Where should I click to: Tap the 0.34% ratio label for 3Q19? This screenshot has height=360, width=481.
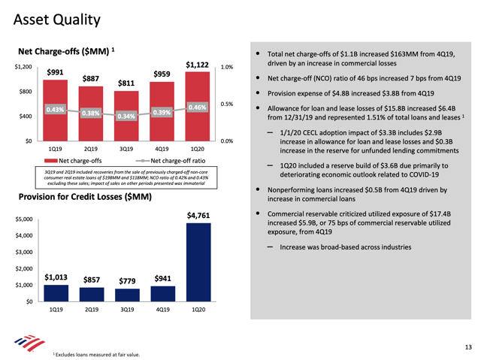pyautogui.click(x=126, y=116)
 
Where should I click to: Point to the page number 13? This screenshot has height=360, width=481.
pyautogui.click(x=468, y=346)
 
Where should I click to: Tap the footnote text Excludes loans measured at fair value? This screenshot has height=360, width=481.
pyautogui.click(x=98, y=354)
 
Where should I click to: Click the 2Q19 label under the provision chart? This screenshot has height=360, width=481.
pyautogui.click(x=91, y=308)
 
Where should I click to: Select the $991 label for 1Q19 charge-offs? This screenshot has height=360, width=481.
pyautogui.click(x=55, y=72)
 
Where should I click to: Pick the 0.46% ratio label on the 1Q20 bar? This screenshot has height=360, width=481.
pyautogui.click(x=196, y=107)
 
